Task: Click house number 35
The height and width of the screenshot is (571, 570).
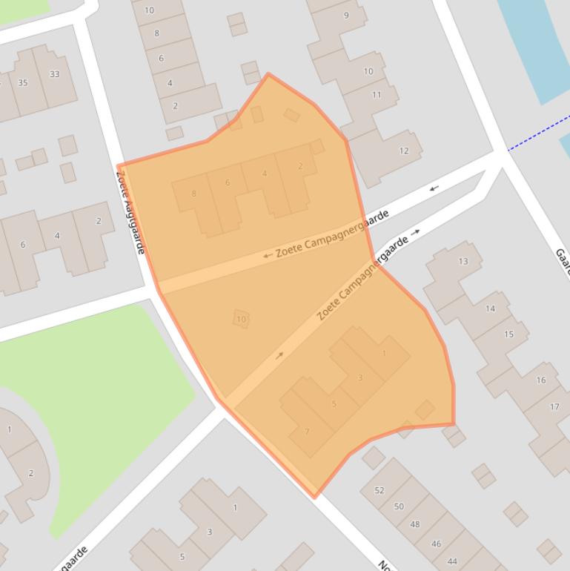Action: click(23, 82)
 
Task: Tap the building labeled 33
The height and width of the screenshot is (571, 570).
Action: click(54, 74)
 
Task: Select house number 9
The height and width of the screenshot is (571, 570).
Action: click(346, 16)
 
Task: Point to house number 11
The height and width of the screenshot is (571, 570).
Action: click(377, 94)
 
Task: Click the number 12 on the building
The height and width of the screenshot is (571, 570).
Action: click(404, 151)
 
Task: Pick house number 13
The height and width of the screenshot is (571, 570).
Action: click(463, 261)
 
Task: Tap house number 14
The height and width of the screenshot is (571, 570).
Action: click(490, 308)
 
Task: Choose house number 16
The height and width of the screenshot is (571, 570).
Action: click(541, 380)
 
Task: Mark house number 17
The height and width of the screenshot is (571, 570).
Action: click(554, 406)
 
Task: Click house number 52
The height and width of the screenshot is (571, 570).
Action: click(380, 490)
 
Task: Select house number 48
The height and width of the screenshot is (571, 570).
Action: click(415, 524)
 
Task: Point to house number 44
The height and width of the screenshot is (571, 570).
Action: click(452, 561)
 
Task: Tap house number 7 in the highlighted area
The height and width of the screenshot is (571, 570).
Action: click(307, 432)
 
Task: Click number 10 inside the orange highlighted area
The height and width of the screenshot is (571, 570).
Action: click(241, 320)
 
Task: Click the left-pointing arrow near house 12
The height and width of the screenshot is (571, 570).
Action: click(434, 188)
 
